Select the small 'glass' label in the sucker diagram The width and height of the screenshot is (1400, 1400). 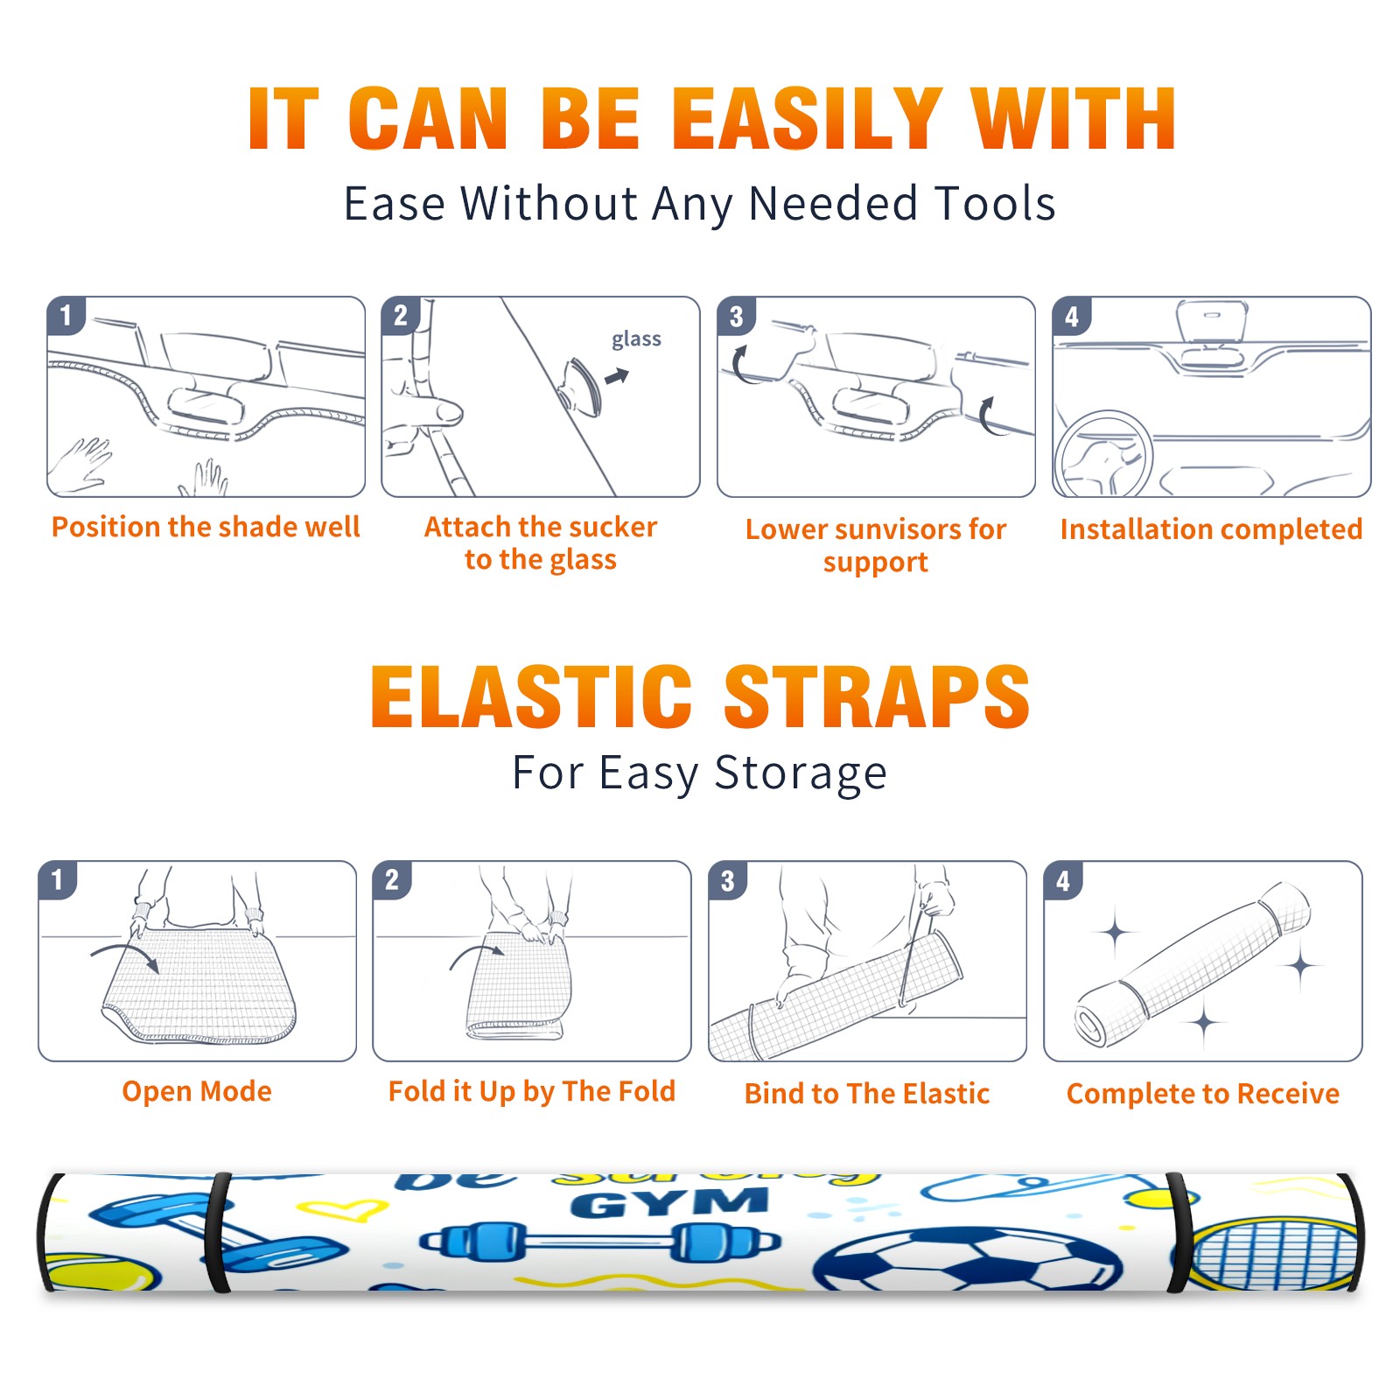click(636, 339)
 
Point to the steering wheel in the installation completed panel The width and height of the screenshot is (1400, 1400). click(1103, 454)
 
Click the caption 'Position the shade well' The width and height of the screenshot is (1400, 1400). click(206, 527)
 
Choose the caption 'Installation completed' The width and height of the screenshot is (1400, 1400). click(1211, 528)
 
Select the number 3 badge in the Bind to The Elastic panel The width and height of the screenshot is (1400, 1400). click(727, 880)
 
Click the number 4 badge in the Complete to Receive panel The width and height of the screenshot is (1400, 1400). click(1063, 880)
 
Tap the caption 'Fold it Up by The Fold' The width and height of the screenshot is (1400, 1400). click(532, 1091)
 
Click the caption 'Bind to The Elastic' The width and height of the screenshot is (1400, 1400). click(867, 1094)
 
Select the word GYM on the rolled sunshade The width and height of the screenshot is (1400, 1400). click(670, 1204)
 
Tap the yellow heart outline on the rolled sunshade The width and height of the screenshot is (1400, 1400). click(343, 1211)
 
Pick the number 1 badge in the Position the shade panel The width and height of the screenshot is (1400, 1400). click(66, 315)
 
